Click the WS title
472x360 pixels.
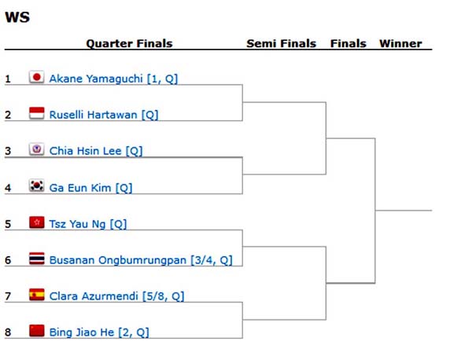click(17, 17)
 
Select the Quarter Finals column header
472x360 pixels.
click(129, 44)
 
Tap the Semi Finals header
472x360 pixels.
click(281, 44)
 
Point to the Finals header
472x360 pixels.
click(348, 44)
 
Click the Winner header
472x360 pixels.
click(400, 44)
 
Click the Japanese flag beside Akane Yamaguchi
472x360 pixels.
click(36, 78)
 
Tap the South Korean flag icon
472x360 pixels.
click(36, 186)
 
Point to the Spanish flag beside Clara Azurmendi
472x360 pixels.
click(36, 296)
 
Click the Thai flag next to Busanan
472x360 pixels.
click(36, 259)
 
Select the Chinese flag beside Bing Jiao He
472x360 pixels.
click(36, 332)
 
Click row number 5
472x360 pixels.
click(8, 224)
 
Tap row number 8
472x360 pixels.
click(8, 332)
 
